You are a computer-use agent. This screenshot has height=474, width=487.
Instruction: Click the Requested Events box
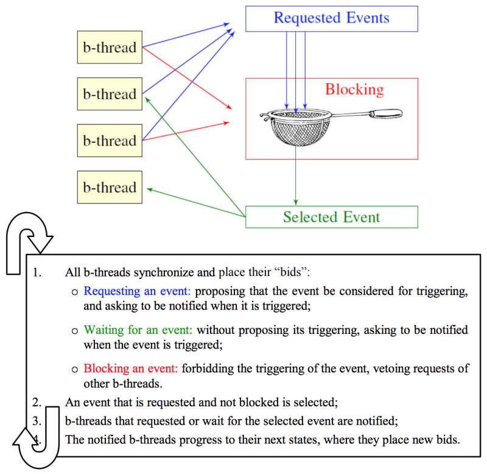[331, 18]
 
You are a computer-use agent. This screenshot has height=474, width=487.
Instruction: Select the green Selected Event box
[331, 217]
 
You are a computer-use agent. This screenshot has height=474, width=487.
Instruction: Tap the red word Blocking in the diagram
[354, 90]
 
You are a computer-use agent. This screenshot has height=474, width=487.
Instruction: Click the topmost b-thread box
[110, 47]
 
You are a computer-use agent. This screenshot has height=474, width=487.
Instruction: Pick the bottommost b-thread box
[110, 187]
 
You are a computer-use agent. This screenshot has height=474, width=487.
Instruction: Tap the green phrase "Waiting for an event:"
[138, 330]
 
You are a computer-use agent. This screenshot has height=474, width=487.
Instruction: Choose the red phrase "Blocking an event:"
[130, 369]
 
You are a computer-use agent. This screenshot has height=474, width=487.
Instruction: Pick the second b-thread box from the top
[110, 94]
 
